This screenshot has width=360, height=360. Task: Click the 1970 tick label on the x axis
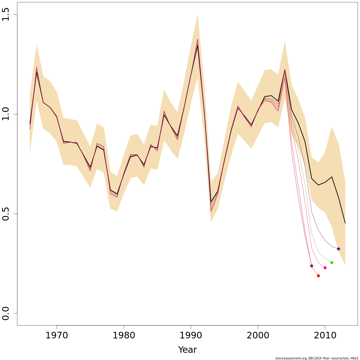[57, 335]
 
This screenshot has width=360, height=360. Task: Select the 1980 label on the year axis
[124, 335]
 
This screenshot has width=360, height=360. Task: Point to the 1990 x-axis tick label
[191, 335]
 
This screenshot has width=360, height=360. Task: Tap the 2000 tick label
[258, 335]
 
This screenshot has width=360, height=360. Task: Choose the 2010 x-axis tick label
[325, 335]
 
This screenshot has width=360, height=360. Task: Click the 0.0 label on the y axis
[6, 313]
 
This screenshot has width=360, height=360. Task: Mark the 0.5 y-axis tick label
[6, 214]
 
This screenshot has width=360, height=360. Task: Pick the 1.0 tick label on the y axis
[6, 114]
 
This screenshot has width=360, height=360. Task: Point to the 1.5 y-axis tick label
[6, 15]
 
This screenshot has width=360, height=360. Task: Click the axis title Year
[187, 350]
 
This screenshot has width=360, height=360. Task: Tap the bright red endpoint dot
[318, 276]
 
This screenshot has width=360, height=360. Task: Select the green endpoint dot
[332, 262]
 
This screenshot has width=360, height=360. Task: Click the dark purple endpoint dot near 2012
[338, 249]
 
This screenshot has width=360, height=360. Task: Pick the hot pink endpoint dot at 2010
[325, 268]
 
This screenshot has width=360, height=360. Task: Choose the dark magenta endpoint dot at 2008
[311, 266]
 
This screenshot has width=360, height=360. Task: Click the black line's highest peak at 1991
[197, 46]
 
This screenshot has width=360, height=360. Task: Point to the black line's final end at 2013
[345, 223]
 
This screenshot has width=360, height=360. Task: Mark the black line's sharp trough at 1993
[211, 202]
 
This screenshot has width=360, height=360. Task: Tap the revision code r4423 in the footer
[354, 358]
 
